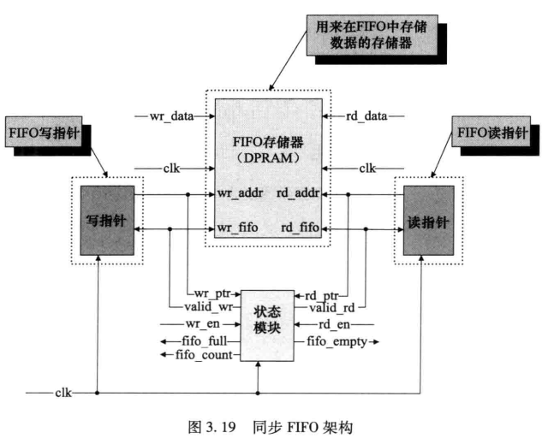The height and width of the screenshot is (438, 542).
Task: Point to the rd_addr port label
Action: coord(296,194)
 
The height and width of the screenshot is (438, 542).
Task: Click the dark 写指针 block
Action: coord(107,220)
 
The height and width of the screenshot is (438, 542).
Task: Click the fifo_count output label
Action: coord(205,354)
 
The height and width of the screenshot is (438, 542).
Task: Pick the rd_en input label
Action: coord(335,325)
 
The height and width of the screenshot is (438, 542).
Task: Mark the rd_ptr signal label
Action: coord(320,295)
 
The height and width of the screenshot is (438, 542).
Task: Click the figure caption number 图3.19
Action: coord(209,424)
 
